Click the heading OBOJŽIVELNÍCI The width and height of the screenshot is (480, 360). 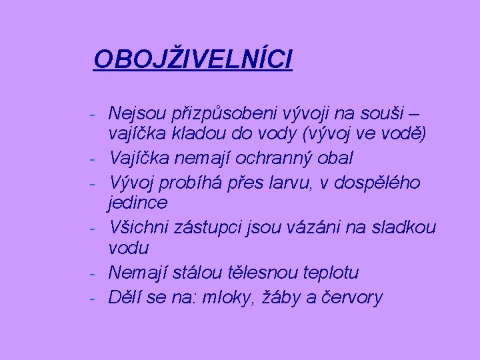[x=193, y=59]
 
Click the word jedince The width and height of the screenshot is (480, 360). [x=138, y=202]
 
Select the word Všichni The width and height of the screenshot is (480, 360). [x=141, y=227]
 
